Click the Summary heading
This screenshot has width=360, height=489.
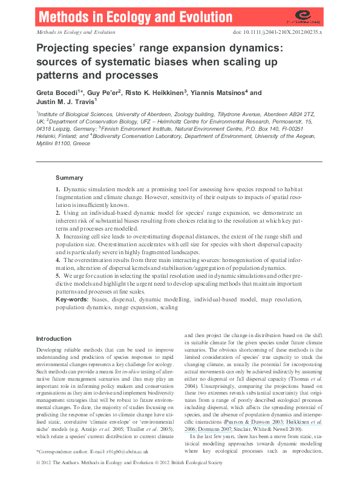(69, 178)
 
